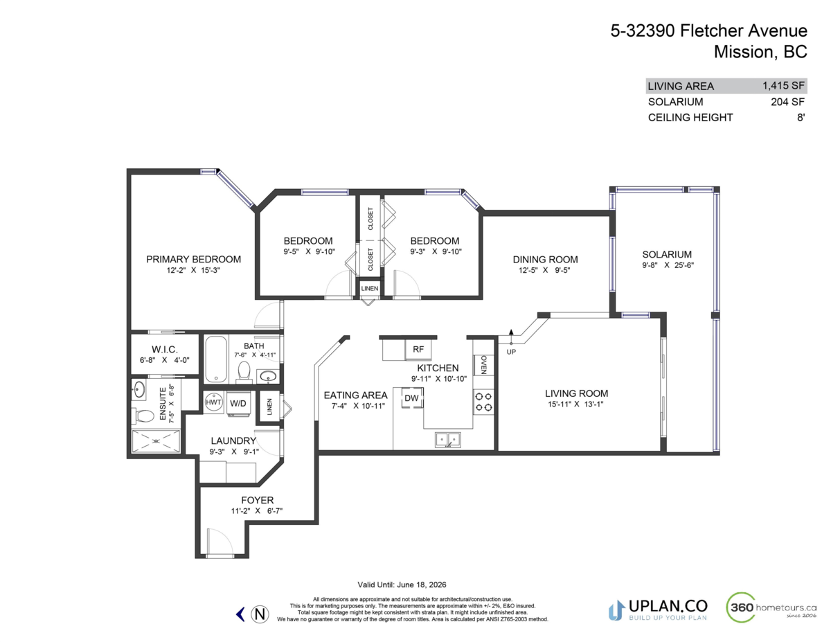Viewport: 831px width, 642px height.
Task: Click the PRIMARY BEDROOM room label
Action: pos(193,259)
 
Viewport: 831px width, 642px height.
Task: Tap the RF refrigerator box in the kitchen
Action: pos(418,349)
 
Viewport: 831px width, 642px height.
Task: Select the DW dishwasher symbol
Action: pos(411,398)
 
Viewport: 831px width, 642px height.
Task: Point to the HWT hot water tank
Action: pos(213,402)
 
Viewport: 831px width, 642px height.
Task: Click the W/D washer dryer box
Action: pos(238,402)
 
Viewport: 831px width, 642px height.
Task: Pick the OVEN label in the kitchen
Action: pos(484,364)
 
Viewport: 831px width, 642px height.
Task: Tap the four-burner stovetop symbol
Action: pos(483,401)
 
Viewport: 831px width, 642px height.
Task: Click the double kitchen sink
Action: pos(447,438)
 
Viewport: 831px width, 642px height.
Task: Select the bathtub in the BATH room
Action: pos(215,359)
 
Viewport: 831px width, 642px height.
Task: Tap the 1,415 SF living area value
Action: pos(783,87)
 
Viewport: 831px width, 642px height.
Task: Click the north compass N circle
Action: pos(260,614)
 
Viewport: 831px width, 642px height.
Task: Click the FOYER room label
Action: pos(257,500)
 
